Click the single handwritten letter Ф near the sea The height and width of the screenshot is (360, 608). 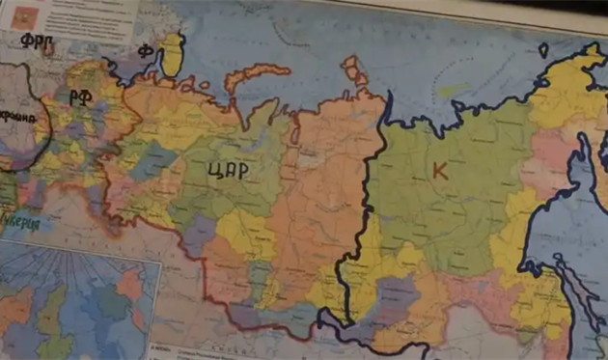pos(146,50)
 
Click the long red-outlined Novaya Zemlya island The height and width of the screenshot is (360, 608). pos(256,76)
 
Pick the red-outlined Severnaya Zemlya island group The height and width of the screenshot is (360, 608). pos(354,69)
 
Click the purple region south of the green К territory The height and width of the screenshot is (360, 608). pos(396,290)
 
